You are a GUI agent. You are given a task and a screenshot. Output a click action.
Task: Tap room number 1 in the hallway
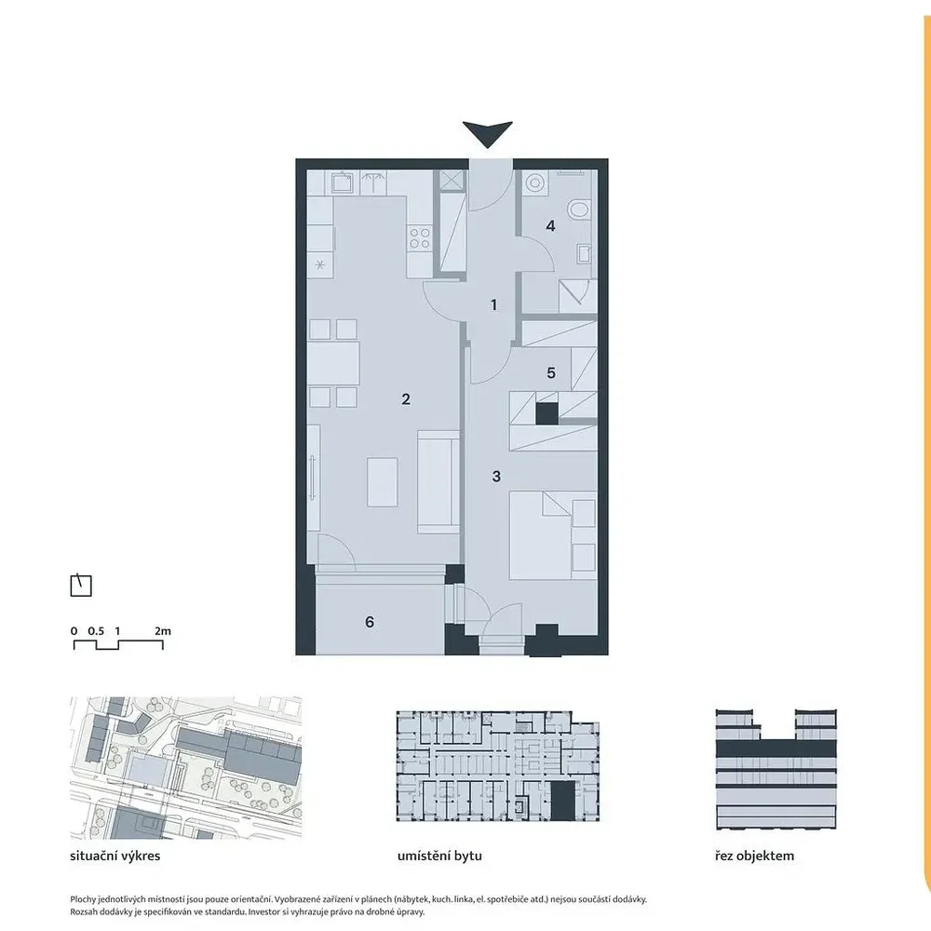pos(494,305)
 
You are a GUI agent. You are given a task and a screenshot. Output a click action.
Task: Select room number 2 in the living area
pos(406,399)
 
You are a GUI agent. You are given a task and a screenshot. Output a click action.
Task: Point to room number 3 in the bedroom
pos(496,476)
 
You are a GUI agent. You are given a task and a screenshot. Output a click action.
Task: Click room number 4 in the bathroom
pos(550,225)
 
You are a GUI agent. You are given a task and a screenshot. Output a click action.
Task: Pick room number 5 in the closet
pos(551,373)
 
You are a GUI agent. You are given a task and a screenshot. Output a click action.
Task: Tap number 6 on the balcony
pos(370,622)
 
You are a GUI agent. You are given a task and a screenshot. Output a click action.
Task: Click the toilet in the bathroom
pos(579,209)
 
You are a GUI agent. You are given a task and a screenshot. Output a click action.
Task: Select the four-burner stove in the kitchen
pos(419,238)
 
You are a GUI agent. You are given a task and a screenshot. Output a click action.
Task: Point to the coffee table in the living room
pos(383,481)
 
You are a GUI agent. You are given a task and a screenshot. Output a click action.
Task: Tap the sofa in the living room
pos(439,482)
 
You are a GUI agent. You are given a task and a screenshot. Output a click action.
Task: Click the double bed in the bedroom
pos(553,535)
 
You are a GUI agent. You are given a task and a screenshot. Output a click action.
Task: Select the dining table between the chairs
pos(333,363)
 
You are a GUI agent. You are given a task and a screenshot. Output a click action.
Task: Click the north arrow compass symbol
pos(81,586)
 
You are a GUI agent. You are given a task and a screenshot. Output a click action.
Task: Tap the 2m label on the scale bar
pos(163,631)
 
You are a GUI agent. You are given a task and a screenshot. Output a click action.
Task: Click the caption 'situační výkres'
pos(115,857)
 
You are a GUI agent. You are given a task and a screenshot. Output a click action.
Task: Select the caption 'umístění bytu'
pos(440,857)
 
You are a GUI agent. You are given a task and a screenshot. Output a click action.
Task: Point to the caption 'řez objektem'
pos(755,857)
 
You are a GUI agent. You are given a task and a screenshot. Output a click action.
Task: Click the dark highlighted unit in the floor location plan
pos(563,801)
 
